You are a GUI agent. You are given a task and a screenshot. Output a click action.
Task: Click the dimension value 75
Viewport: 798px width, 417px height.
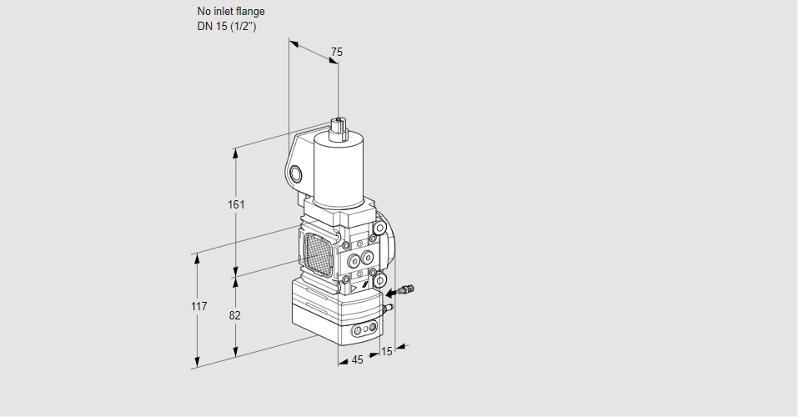click(336, 52)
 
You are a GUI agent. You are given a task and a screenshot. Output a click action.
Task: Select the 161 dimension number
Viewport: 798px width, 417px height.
click(236, 204)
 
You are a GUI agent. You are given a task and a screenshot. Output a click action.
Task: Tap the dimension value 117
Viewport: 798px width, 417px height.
click(199, 306)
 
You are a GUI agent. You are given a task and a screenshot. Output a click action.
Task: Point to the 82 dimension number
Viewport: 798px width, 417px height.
click(234, 316)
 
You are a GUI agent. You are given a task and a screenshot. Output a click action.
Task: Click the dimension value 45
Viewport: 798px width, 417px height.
click(357, 360)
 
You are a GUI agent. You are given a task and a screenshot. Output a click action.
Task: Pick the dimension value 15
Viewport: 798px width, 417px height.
click(387, 351)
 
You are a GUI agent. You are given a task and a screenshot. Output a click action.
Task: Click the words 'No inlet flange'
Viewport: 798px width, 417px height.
click(231, 11)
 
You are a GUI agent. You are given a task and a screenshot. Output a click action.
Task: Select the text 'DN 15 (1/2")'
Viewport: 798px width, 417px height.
click(227, 27)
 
